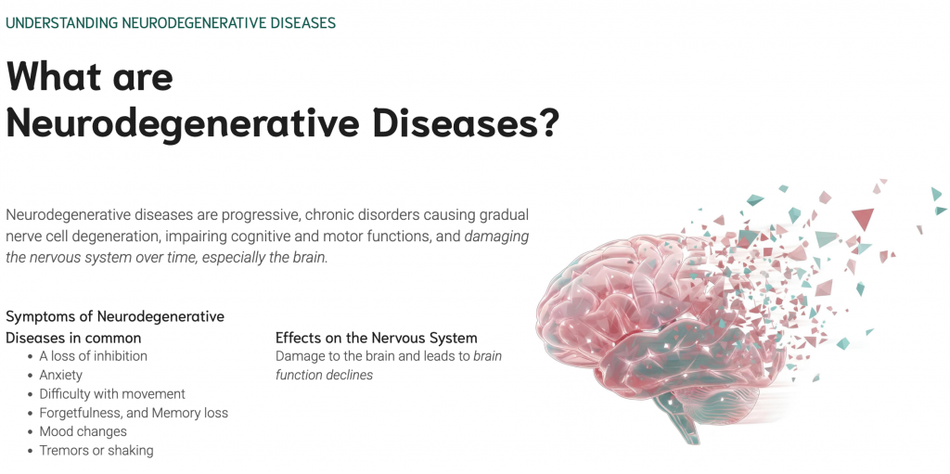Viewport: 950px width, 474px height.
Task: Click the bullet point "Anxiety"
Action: coord(60,375)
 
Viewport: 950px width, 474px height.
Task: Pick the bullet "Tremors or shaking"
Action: coord(96,451)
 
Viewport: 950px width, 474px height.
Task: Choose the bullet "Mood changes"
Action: coord(83,431)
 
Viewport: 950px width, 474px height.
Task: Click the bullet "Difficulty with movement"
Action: coord(112,394)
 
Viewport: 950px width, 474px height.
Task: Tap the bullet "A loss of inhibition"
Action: coord(94,356)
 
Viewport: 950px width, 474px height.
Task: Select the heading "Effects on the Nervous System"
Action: coord(377,339)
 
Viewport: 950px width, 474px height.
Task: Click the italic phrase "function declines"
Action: coord(324,375)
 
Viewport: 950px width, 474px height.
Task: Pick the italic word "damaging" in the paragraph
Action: coord(497,237)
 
